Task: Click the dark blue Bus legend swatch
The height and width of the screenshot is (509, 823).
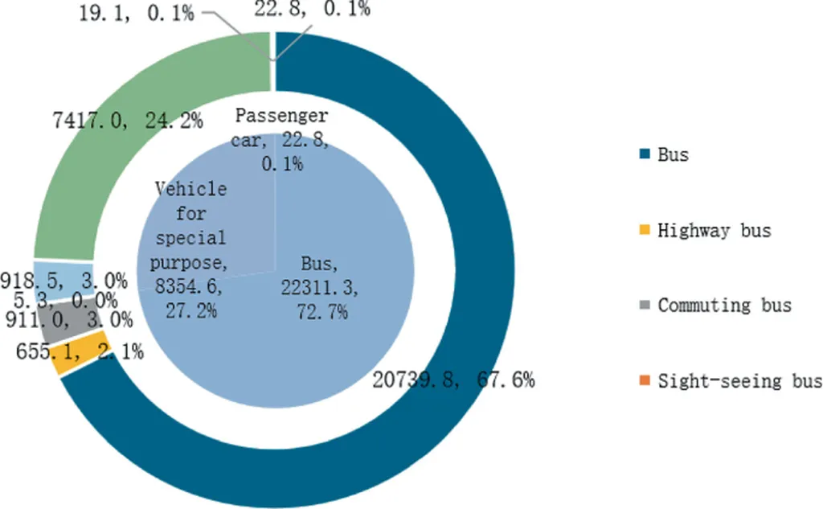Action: (645, 154)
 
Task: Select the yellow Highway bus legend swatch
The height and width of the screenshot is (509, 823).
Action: (645, 231)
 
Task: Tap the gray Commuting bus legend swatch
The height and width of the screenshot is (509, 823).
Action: (645, 306)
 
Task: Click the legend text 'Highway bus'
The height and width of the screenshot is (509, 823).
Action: (714, 231)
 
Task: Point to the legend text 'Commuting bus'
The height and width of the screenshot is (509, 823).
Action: (724, 306)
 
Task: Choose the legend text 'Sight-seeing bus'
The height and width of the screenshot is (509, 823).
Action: (739, 381)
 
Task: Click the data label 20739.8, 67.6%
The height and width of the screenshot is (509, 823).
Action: (453, 380)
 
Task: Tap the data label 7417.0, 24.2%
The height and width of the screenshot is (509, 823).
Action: (125, 121)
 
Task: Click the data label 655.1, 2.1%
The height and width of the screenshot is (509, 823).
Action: (79, 351)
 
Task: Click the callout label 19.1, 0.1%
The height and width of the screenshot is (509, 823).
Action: (136, 14)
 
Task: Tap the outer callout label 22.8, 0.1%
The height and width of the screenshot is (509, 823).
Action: (312, 10)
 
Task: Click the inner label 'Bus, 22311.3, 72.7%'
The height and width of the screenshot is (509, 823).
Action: (313, 288)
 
